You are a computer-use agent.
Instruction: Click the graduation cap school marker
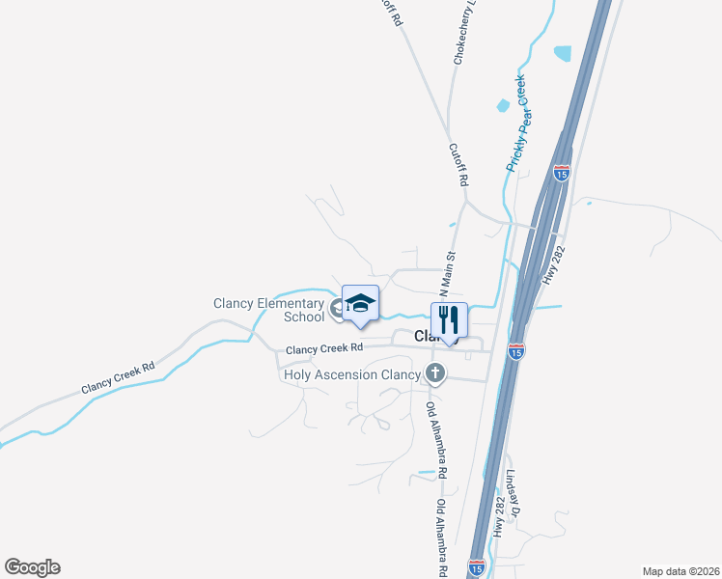coord(360,303)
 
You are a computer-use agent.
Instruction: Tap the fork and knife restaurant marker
coord(449,320)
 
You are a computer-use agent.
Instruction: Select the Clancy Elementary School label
coord(268,310)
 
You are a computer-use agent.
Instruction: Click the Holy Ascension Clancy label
coord(352,374)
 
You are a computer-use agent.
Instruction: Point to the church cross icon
coord(435,372)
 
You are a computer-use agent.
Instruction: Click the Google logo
coord(32,567)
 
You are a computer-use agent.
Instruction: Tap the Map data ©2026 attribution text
coord(680,571)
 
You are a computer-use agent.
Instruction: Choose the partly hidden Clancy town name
coord(426,336)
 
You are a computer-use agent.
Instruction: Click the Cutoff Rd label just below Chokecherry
coord(458,165)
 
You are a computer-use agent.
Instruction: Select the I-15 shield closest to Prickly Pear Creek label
coord(562,173)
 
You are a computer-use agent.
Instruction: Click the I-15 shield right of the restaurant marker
coord(516,351)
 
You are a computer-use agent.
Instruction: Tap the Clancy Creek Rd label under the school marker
coord(324,347)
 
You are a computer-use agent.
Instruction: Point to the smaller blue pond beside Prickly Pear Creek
coord(503,104)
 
